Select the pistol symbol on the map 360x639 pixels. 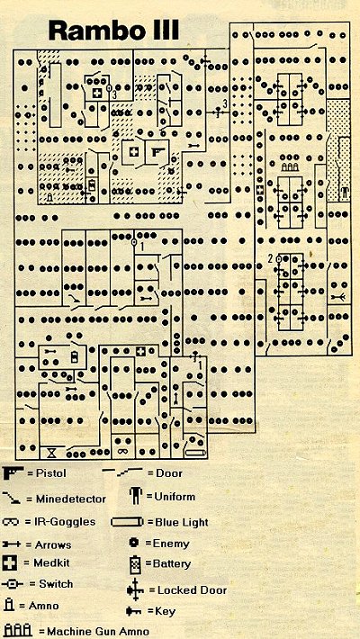click(x=157, y=151)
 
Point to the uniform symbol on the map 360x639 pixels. click(x=345, y=192)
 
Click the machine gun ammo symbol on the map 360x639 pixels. click(x=289, y=166)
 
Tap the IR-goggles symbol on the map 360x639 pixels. click(x=121, y=451)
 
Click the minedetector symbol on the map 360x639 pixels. click(x=75, y=300)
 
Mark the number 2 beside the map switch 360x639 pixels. click(x=270, y=257)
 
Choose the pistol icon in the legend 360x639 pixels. click(x=13, y=473)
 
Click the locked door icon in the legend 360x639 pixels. click(x=135, y=589)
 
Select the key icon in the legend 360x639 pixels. click(x=134, y=611)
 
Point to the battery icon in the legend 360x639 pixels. click(x=136, y=564)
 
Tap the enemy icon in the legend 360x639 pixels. click(x=134, y=543)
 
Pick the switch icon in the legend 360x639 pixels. click(x=13, y=584)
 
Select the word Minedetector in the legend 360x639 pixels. click(x=71, y=499)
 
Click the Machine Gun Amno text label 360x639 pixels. click(x=98, y=632)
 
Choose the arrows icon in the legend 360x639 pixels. click(x=13, y=544)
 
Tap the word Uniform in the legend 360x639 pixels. click(x=175, y=497)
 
